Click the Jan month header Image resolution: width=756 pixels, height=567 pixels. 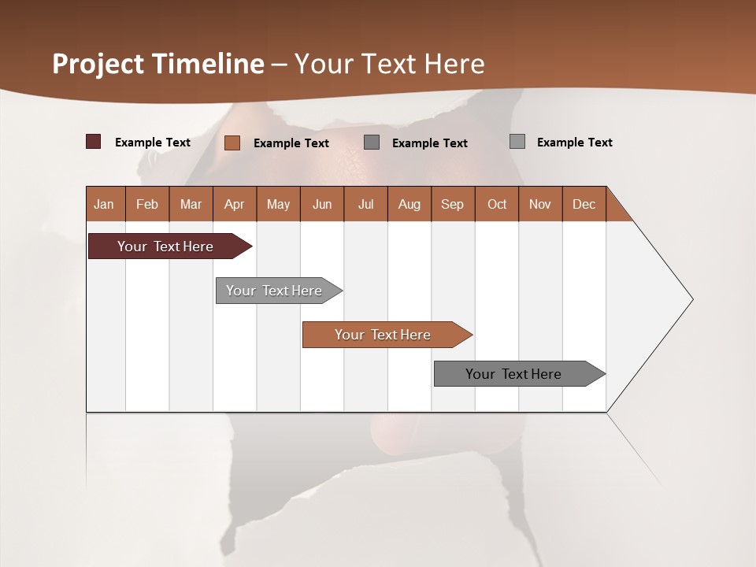[104, 205]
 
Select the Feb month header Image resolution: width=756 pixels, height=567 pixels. [147, 205]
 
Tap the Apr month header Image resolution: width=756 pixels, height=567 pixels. [235, 205]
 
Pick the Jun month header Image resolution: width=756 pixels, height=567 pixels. [322, 205]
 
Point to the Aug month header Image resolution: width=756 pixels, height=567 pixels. [409, 205]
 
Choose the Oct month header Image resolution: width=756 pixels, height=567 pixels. [497, 205]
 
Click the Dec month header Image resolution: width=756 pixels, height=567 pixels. [584, 205]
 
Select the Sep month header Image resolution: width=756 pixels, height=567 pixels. [453, 205]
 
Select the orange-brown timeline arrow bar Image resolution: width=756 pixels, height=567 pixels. [384, 335]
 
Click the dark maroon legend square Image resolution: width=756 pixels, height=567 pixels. [93, 142]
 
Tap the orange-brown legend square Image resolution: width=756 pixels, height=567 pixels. [232, 143]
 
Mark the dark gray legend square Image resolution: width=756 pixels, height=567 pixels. [372, 143]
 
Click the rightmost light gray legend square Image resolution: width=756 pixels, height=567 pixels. [517, 142]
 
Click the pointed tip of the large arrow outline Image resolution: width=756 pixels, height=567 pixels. [691, 299]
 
